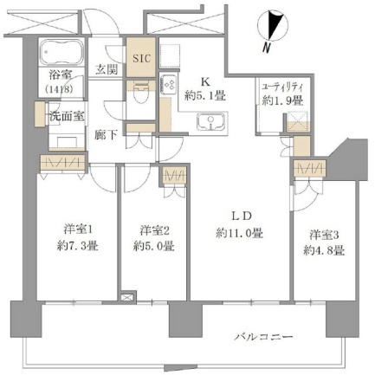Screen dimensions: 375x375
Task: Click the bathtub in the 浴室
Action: point(61,53)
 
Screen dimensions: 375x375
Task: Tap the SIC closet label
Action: point(141,59)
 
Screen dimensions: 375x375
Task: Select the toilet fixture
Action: point(141,97)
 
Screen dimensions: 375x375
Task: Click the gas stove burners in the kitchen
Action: point(167,84)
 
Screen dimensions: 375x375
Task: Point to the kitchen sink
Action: point(211,122)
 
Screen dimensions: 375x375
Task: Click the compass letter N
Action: point(267,48)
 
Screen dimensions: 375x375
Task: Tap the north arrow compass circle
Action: point(273,25)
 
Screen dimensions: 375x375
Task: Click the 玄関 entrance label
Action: point(107,70)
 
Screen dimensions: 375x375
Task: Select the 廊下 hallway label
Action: point(107,135)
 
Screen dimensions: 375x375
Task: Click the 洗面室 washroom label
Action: point(67,116)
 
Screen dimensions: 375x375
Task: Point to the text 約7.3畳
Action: point(77,246)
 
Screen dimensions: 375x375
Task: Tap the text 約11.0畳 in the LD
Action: point(239,233)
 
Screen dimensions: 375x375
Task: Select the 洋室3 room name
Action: point(324,236)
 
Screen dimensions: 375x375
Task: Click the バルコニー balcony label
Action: point(263,337)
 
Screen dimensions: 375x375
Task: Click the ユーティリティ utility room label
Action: point(282,87)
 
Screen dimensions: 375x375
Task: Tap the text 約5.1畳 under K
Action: point(205,95)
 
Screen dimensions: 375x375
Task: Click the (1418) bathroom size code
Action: point(59,89)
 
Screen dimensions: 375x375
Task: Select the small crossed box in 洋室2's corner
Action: point(127,297)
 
